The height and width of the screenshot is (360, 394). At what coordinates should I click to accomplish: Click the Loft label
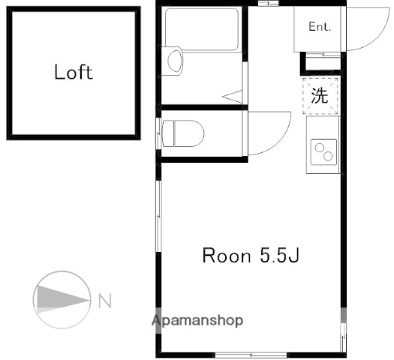pyautogui.click(x=74, y=72)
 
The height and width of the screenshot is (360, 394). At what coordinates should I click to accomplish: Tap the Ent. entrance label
pyautogui.click(x=319, y=26)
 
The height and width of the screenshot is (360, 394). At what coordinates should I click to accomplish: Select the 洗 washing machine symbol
pyautogui.click(x=320, y=95)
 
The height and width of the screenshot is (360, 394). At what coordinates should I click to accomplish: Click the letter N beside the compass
pyautogui.click(x=104, y=301)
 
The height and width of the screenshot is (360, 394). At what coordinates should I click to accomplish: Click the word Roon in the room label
pyautogui.click(x=226, y=256)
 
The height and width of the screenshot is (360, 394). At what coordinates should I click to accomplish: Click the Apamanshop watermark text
pyautogui.click(x=197, y=320)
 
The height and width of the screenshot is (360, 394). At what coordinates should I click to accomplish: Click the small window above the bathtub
pyautogui.click(x=267, y=4)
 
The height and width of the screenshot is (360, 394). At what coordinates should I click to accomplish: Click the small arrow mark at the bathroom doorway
pyautogui.click(x=232, y=96)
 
